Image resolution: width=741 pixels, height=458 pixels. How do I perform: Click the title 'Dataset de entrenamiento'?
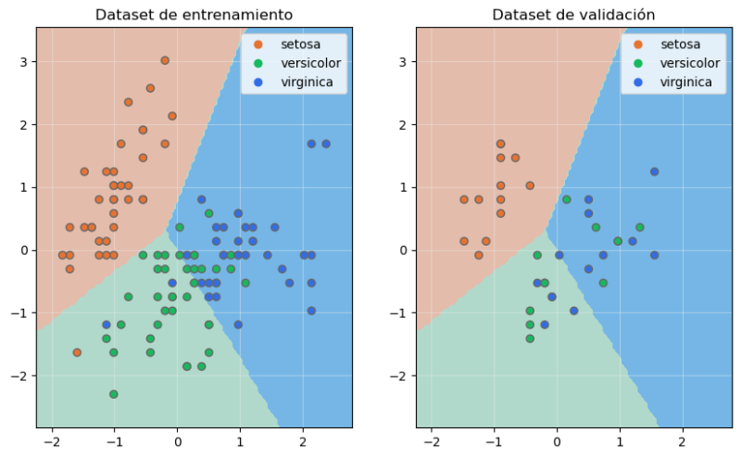195,15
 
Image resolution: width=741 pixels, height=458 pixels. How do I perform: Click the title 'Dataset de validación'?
573,15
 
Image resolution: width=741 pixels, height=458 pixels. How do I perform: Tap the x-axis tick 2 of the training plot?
302,440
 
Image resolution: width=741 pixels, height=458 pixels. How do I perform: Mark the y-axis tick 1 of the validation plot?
404,187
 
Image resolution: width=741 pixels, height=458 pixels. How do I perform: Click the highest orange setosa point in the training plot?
165,60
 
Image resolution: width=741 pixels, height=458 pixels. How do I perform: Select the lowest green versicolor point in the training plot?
113,394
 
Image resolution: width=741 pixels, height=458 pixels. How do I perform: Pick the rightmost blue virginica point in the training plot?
326,144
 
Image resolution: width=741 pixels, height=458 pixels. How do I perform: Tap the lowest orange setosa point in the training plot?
77,352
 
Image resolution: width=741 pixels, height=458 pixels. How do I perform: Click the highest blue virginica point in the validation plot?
654,172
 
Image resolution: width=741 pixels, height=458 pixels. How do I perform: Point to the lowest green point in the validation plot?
530,338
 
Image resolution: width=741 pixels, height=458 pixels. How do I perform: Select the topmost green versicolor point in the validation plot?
566,199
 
